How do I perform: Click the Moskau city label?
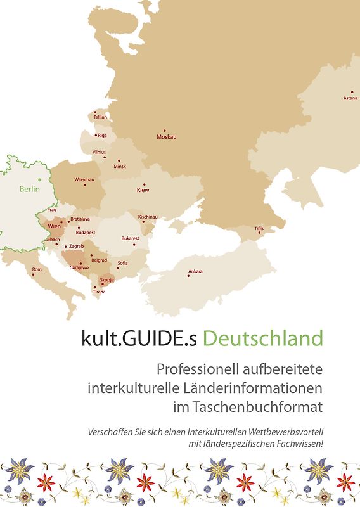pos(167,137)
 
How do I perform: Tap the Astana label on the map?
pos(350,98)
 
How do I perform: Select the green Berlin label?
pos(29,189)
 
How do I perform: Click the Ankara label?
pos(195,272)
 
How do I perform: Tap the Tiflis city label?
pos(259,228)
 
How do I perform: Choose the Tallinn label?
pos(100,117)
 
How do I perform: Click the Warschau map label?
pos(84,180)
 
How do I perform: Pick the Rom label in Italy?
pos(37,269)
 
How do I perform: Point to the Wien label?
pos(54,226)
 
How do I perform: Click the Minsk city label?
pos(120,167)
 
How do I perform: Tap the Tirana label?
pos(100,292)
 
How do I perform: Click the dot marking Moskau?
pos(164,131)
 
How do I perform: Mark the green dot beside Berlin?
pos(39,181)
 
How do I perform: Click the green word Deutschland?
pos(262,338)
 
